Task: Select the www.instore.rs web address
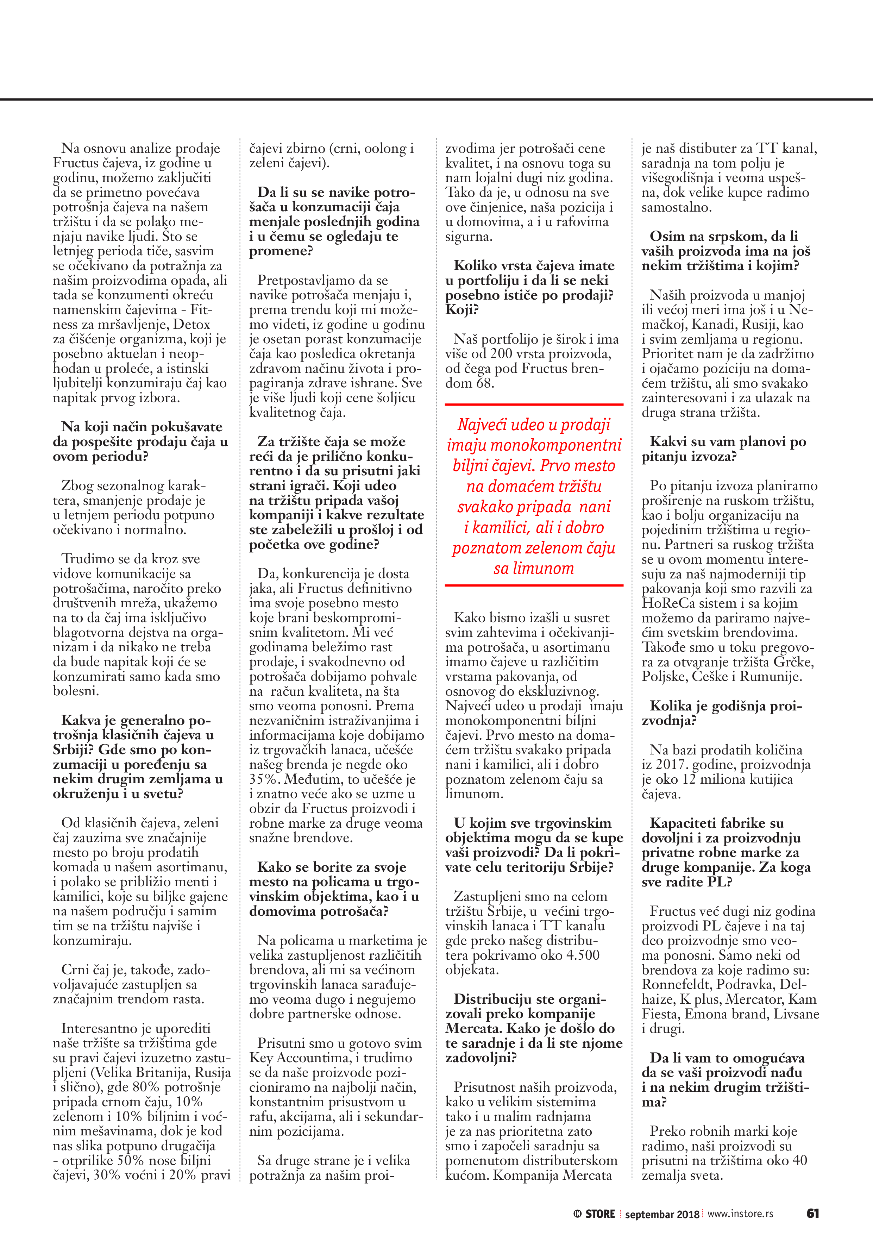point(740,1214)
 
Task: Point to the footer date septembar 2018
point(661,1214)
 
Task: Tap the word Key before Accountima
point(262,1058)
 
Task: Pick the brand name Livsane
point(797,1014)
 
